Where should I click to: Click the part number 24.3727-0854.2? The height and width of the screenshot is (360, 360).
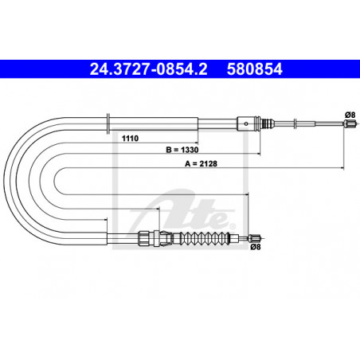149,69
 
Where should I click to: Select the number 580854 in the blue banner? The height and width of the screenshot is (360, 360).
255,69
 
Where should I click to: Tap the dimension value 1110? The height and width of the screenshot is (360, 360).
130,139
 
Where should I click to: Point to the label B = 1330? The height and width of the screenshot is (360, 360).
182,150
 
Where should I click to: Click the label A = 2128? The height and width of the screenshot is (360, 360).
201,164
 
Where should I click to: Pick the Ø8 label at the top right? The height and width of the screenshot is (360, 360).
350,115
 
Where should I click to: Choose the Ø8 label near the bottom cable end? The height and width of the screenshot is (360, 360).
256,247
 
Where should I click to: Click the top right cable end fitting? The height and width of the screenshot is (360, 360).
350,123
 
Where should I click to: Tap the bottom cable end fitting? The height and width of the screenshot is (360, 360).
255,238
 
